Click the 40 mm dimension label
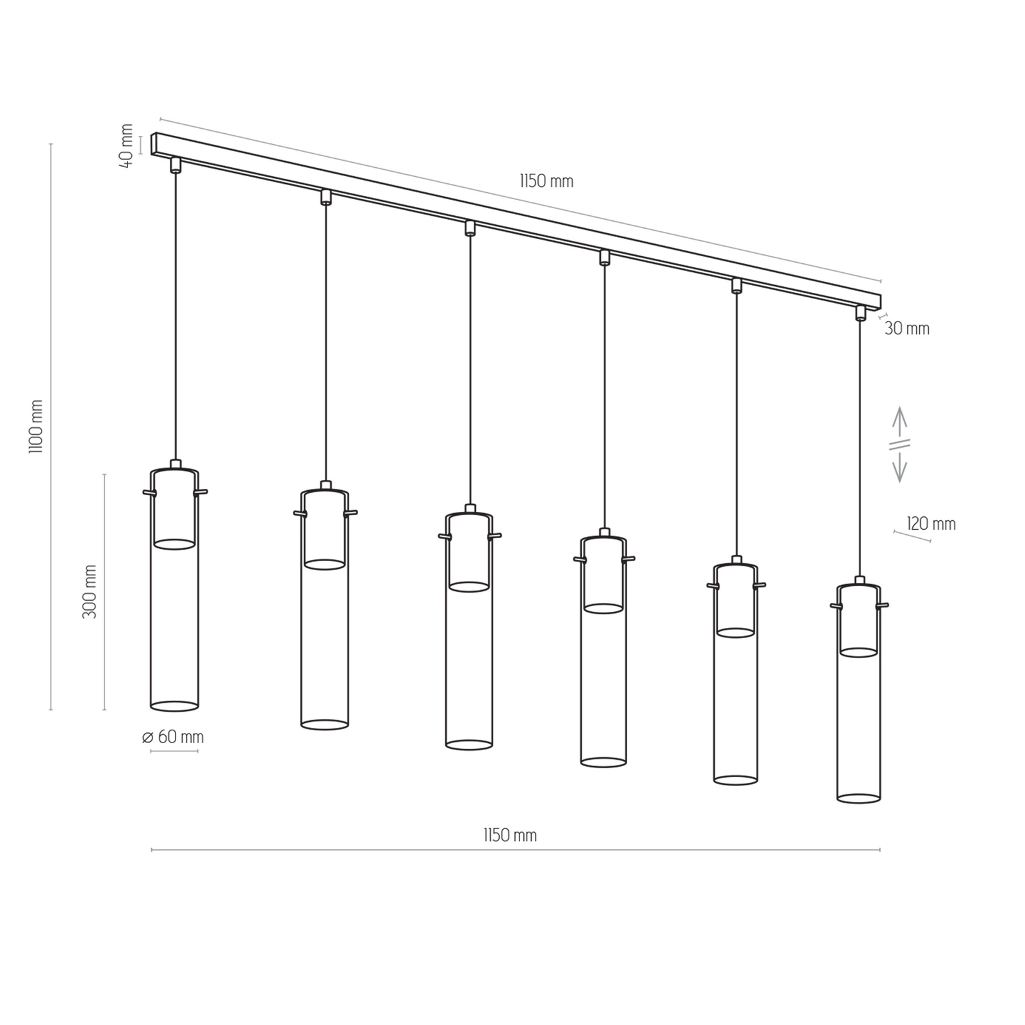click(127, 145)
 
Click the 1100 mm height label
click(37, 427)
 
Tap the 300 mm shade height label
click(90, 591)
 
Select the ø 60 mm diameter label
click(173, 737)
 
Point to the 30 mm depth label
click(906, 329)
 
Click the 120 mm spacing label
click(931, 524)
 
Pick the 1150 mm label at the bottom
click(510, 835)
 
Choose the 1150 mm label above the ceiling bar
click(546, 181)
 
